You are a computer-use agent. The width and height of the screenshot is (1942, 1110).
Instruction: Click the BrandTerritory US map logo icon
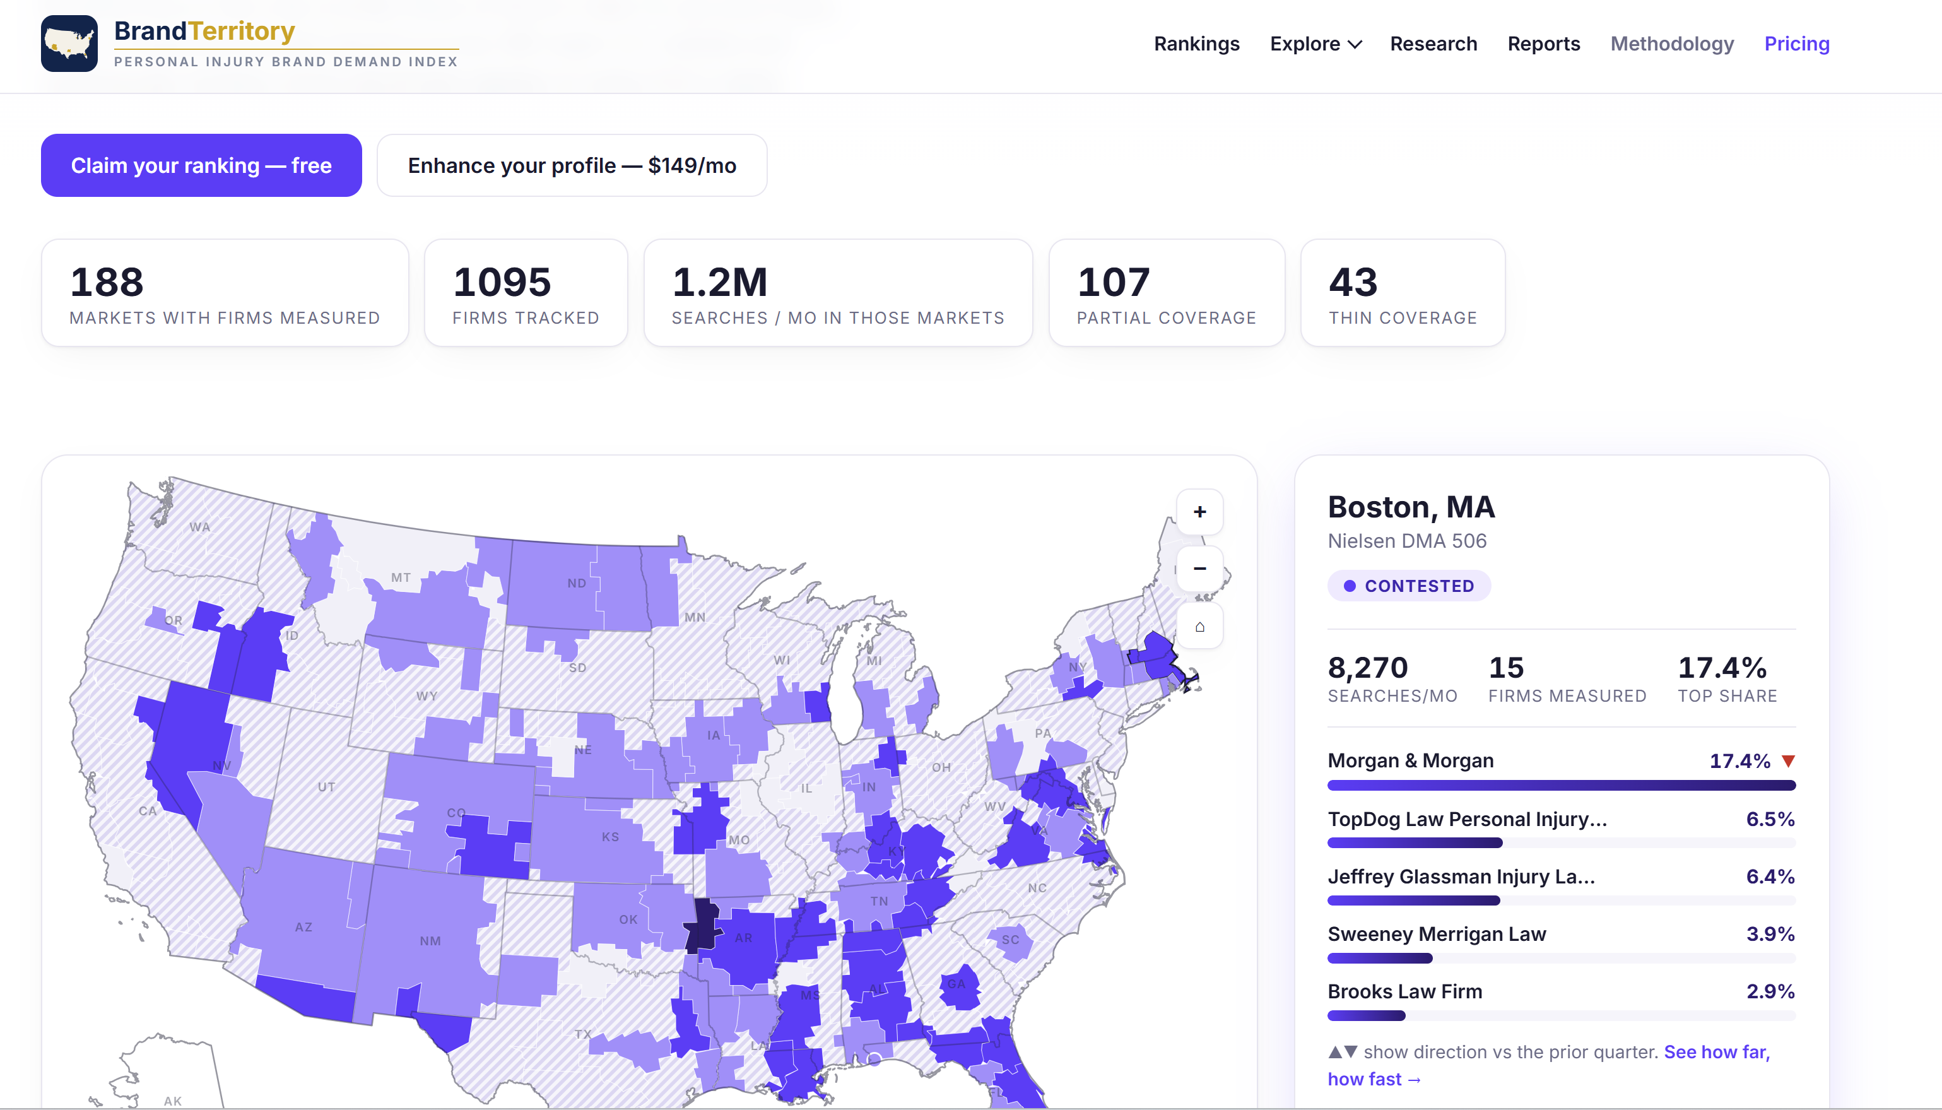pos(69,44)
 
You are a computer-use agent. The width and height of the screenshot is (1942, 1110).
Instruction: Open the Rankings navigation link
pos(1197,44)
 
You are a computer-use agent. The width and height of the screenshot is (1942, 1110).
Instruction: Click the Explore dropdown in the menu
pos(1315,44)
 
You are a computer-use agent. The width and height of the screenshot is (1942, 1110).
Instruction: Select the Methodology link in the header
pos(1671,44)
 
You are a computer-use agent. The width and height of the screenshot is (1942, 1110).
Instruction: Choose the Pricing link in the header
pos(1796,44)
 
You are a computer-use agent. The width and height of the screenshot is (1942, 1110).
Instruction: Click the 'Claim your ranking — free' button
pos(201,165)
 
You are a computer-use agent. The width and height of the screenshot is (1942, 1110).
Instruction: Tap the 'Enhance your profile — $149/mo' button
pos(572,165)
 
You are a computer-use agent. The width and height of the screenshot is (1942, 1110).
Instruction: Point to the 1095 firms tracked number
pos(502,282)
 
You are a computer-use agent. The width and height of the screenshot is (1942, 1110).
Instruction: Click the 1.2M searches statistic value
pos(719,282)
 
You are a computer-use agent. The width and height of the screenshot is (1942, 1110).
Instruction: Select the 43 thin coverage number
pos(1353,282)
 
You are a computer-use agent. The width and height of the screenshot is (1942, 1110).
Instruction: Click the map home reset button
pos(1199,627)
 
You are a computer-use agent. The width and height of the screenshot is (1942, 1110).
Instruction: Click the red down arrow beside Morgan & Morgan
pos(1788,761)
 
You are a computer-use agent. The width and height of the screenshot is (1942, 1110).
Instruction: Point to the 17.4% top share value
pos(1722,668)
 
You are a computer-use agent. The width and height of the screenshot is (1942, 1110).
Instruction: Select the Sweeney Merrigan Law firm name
pos(1437,934)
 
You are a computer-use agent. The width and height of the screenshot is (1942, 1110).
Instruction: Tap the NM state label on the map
pos(430,941)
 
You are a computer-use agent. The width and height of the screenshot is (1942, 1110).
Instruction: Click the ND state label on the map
pos(576,583)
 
